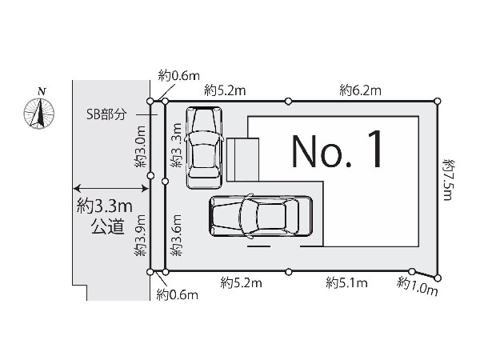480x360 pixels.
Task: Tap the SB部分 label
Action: tap(106, 114)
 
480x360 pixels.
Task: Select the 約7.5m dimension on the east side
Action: tap(449, 180)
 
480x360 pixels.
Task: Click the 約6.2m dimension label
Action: tap(360, 90)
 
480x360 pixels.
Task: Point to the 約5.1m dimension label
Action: tap(346, 282)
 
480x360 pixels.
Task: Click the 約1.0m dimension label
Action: tap(418, 286)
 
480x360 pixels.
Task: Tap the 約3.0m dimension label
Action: tap(141, 146)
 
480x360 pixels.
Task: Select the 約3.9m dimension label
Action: tap(141, 235)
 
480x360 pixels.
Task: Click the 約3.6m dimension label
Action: tap(177, 235)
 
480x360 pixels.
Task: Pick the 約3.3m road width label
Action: tap(104, 206)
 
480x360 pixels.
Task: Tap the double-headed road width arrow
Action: tap(111, 188)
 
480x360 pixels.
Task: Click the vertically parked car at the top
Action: tap(204, 147)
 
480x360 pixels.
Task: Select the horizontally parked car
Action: tap(261, 217)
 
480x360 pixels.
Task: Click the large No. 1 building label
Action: tap(337, 149)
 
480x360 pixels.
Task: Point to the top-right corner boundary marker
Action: tap(438, 101)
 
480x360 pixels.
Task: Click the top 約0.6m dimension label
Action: tap(178, 75)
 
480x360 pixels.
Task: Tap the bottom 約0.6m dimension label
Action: tap(178, 294)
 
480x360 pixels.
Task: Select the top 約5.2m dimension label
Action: tap(225, 90)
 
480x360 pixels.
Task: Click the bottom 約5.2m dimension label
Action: tap(242, 282)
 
